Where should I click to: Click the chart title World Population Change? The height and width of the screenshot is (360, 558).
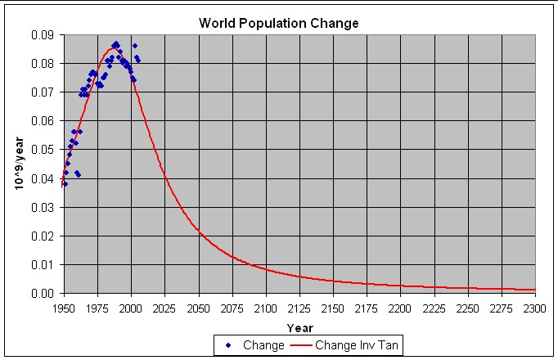[x=279, y=22]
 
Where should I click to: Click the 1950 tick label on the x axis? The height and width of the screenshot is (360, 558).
[x=64, y=308]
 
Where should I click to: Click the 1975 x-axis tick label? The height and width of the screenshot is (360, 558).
[x=97, y=308]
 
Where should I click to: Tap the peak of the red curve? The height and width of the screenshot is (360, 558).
[x=111, y=48]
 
